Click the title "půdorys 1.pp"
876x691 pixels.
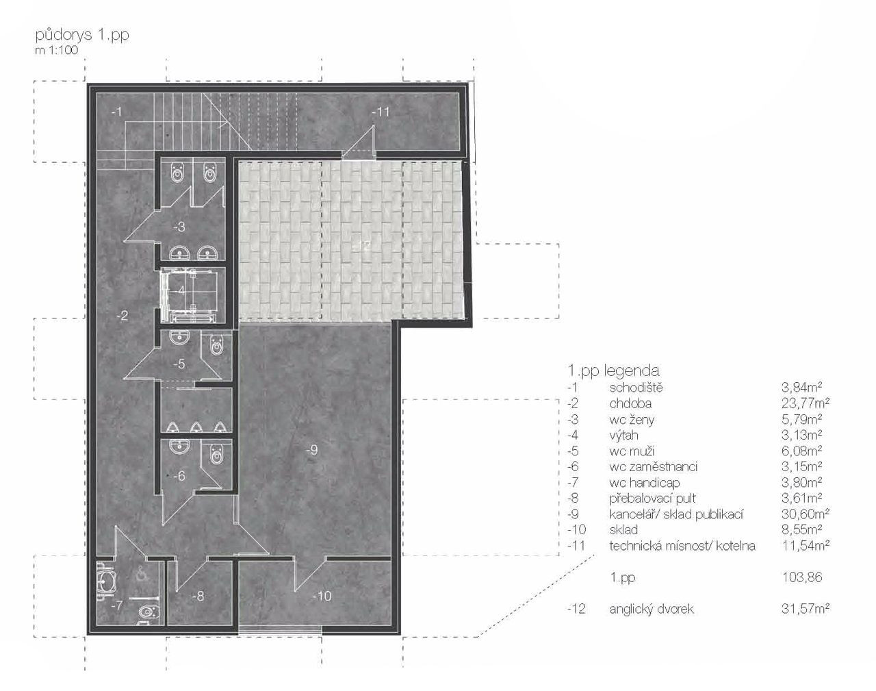[82, 36]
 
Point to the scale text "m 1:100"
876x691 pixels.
[56, 51]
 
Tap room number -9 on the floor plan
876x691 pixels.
[311, 450]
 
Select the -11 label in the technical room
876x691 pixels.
[381, 111]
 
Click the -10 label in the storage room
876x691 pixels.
[322, 596]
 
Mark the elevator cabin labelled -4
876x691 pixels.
[190, 295]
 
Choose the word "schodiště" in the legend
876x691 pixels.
[636, 388]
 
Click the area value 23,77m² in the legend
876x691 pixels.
[806, 403]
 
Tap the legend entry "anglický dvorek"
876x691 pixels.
[652, 609]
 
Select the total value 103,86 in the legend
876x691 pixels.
[802, 577]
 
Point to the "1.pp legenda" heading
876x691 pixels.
[613, 370]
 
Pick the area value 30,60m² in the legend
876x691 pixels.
[806, 514]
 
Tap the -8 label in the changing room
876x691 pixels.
[198, 596]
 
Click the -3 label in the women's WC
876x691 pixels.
[179, 227]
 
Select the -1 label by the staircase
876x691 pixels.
[116, 111]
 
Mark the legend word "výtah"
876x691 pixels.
[623, 435]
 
